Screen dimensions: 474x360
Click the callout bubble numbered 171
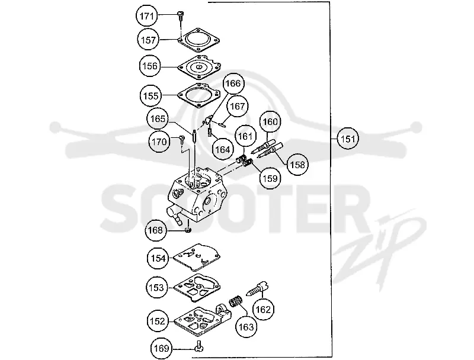pos(147,16)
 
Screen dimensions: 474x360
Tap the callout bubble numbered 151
pos(348,139)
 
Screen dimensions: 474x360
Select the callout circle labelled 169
pos(161,349)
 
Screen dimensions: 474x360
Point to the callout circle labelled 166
pos(233,83)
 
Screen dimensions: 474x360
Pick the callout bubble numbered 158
pos(298,165)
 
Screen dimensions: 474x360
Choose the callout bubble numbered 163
pos(246,327)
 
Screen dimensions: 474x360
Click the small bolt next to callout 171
pos(181,15)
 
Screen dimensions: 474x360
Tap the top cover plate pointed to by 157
pos(198,40)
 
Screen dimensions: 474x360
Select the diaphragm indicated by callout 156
pos(200,67)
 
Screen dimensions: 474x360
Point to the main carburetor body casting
pos(197,197)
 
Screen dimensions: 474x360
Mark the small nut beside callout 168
pos(188,230)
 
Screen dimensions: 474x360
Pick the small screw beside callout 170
pos(182,139)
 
